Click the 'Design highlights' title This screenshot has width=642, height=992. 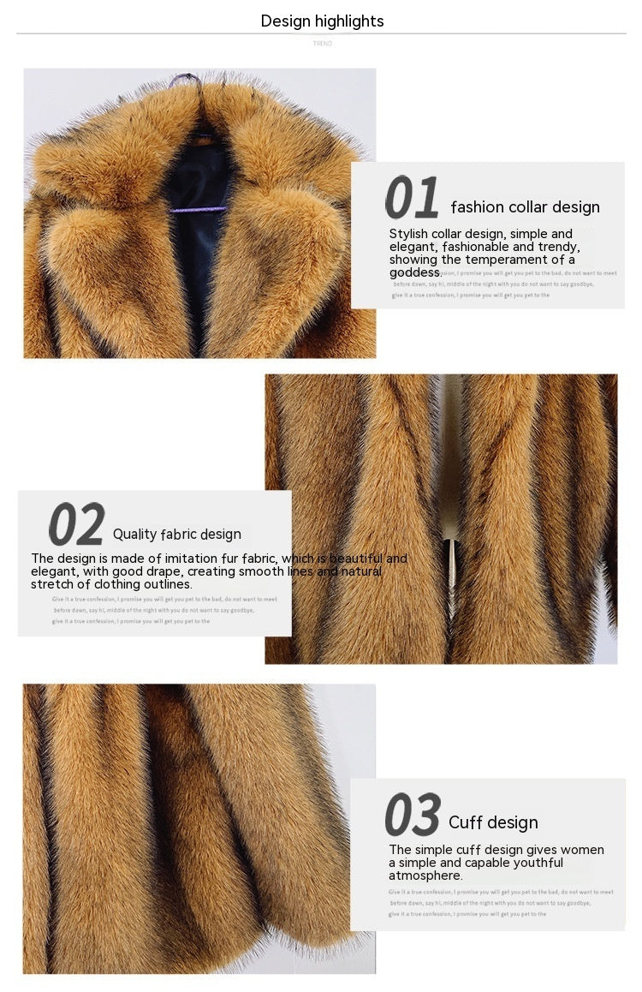click(322, 21)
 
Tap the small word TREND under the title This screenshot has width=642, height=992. click(322, 43)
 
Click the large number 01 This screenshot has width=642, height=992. click(412, 199)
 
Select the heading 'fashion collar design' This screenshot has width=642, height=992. click(525, 206)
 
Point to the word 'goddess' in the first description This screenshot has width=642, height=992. click(415, 272)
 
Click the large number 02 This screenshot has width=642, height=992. click(77, 524)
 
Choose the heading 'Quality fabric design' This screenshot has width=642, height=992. click(177, 534)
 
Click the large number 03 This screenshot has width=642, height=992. click(413, 815)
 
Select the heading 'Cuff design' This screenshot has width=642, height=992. click(493, 822)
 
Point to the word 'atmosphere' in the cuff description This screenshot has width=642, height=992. click(425, 875)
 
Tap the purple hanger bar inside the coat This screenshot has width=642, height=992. click(198, 209)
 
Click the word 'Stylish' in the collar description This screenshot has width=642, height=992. click(410, 234)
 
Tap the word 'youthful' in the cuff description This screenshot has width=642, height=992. click(534, 863)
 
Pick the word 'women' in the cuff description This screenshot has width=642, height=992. click(582, 850)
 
